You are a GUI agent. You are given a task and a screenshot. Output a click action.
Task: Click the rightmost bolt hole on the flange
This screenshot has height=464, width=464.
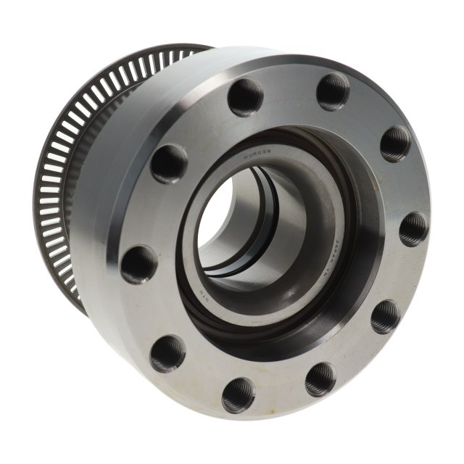point(413,229)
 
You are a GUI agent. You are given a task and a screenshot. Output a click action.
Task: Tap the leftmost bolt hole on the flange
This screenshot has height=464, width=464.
point(138,264)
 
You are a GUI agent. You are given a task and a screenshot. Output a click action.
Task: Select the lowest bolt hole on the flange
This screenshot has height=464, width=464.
point(239,394)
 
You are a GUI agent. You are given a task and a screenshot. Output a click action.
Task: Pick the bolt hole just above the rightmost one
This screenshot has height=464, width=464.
point(395,143)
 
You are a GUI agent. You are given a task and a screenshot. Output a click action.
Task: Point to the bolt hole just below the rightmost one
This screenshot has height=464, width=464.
point(385,316)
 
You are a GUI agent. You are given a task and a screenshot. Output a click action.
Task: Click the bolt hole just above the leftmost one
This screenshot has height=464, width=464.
point(169,163)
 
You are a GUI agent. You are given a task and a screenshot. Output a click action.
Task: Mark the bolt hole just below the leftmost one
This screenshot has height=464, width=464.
point(167,353)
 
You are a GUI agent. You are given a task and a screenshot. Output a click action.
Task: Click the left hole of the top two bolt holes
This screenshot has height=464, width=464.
point(246,97)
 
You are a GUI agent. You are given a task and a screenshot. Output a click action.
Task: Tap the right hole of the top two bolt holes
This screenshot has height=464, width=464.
point(333,91)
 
